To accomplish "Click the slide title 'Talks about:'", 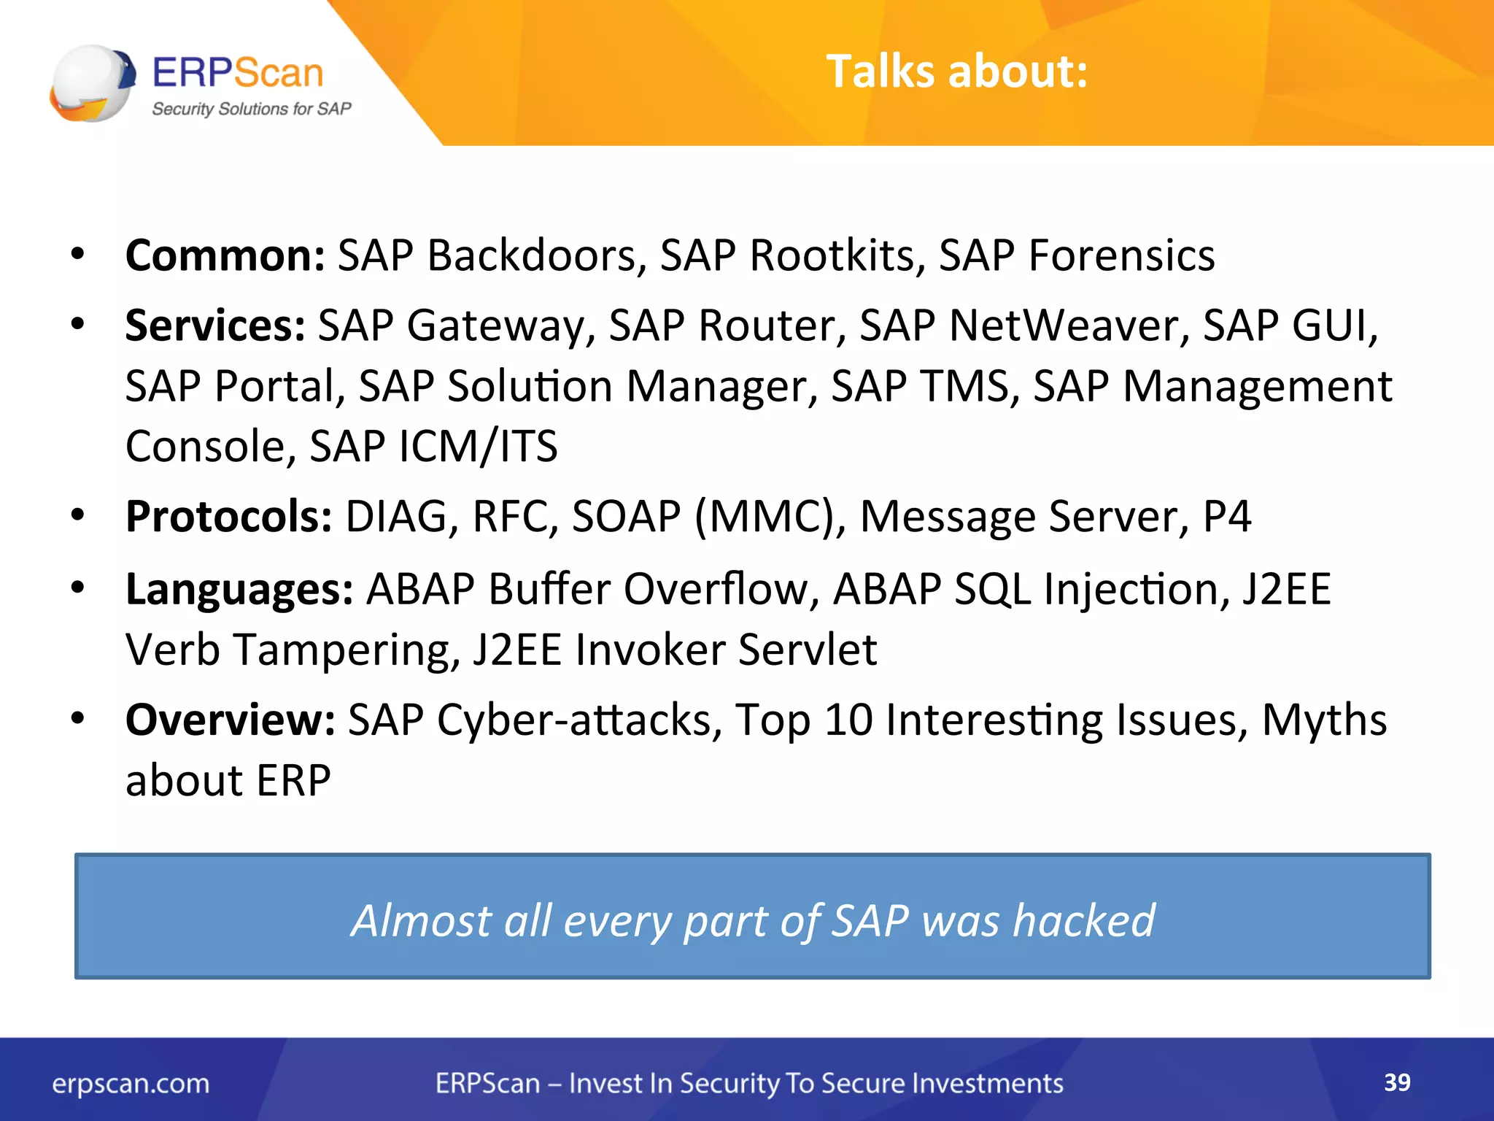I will point(956,72).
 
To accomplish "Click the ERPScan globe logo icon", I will point(93,83).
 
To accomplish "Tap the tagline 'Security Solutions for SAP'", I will point(251,109).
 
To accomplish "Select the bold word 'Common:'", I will point(225,255).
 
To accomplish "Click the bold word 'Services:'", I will point(215,325).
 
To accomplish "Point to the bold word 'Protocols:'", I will point(229,517).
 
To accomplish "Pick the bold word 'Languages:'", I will point(239,589).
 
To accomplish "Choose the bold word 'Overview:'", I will point(231,720).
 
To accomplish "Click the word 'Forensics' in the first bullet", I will point(1121,255).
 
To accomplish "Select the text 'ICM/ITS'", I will point(479,447).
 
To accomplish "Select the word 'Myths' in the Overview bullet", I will point(1324,720).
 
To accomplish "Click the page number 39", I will point(1397,1082).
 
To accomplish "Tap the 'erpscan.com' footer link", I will point(131,1084).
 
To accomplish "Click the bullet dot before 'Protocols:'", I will point(78,515).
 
